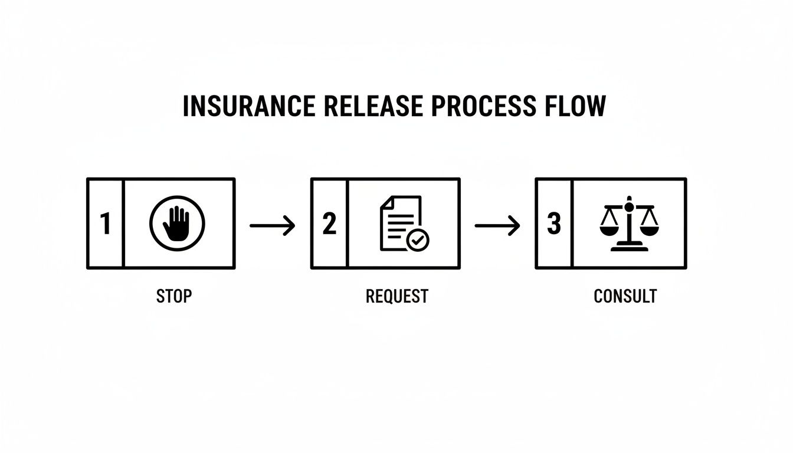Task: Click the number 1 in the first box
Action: coord(105,224)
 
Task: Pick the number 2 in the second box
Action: coord(329,224)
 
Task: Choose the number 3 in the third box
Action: coord(553,224)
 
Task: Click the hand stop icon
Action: coord(177,224)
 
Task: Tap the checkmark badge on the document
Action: coord(418,240)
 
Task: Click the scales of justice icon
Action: coord(629,224)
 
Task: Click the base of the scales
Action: coord(629,248)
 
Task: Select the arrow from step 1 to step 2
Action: coord(272,225)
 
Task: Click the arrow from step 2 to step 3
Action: coord(497,225)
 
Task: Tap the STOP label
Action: coord(174,296)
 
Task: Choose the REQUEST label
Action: coord(396,296)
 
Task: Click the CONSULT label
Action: coord(625,296)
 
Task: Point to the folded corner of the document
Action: coord(386,202)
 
